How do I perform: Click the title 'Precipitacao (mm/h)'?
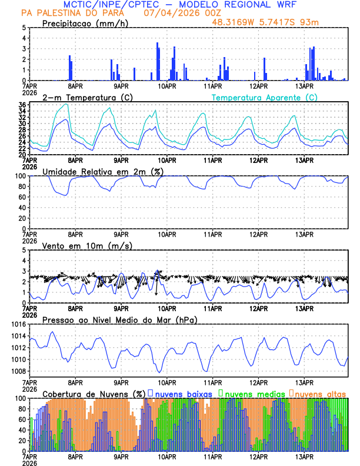pyautogui.click(x=86, y=24)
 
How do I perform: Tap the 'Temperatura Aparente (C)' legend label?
pyautogui.click(x=264, y=97)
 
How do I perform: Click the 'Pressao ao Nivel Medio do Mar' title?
pyautogui.click(x=119, y=319)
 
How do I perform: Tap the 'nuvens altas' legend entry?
pyautogui.click(x=320, y=393)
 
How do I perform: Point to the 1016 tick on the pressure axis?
pyautogui.click(x=18, y=324)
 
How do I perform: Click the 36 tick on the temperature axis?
pyautogui.click(x=22, y=105)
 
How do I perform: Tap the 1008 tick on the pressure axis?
pyautogui.click(x=18, y=371)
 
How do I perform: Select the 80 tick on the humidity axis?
pyautogui.click(x=22, y=187)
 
